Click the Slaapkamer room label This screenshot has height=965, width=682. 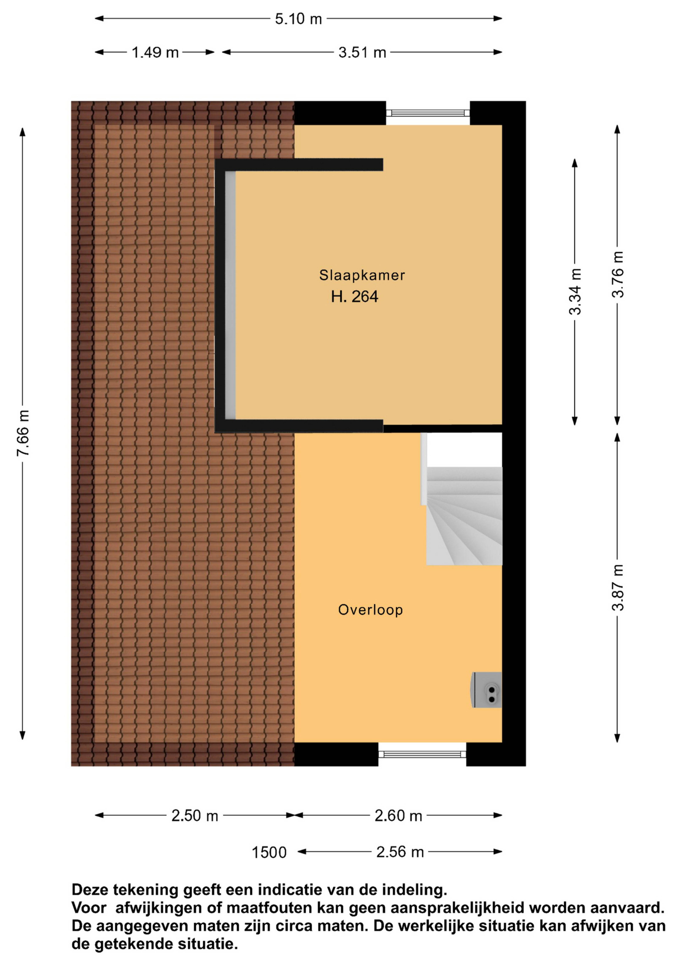(x=362, y=275)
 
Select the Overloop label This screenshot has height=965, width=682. (x=370, y=610)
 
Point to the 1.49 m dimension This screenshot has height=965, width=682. (x=155, y=53)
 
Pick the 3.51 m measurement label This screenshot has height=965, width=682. (x=362, y=53)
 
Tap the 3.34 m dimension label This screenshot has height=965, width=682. (x=575, y=292)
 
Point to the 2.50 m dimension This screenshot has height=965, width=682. (x=195, y=816)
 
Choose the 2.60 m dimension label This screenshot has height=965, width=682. (x=398, y=816)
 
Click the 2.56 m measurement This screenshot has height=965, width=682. (x=400, y=852)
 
